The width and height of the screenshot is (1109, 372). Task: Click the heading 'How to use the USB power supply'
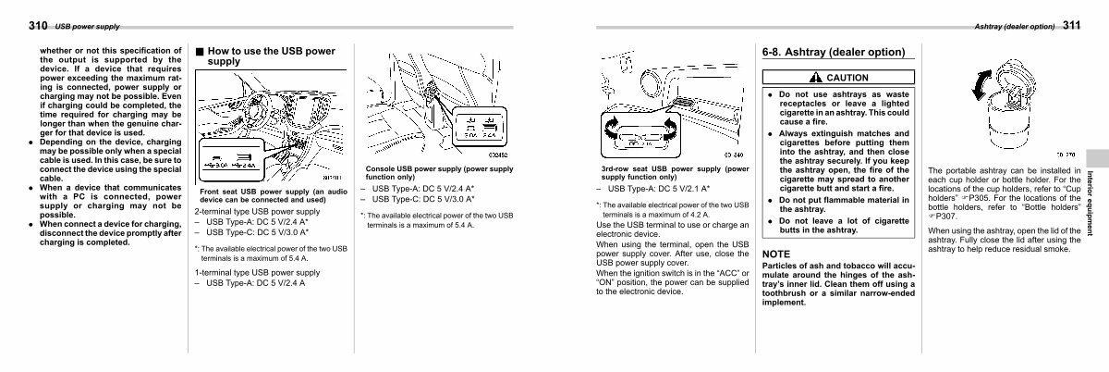(271, 56)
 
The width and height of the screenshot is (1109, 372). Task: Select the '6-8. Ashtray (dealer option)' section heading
(833, 53)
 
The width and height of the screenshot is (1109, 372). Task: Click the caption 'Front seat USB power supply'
(274, 195)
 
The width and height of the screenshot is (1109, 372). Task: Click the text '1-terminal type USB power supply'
(257, 273)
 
